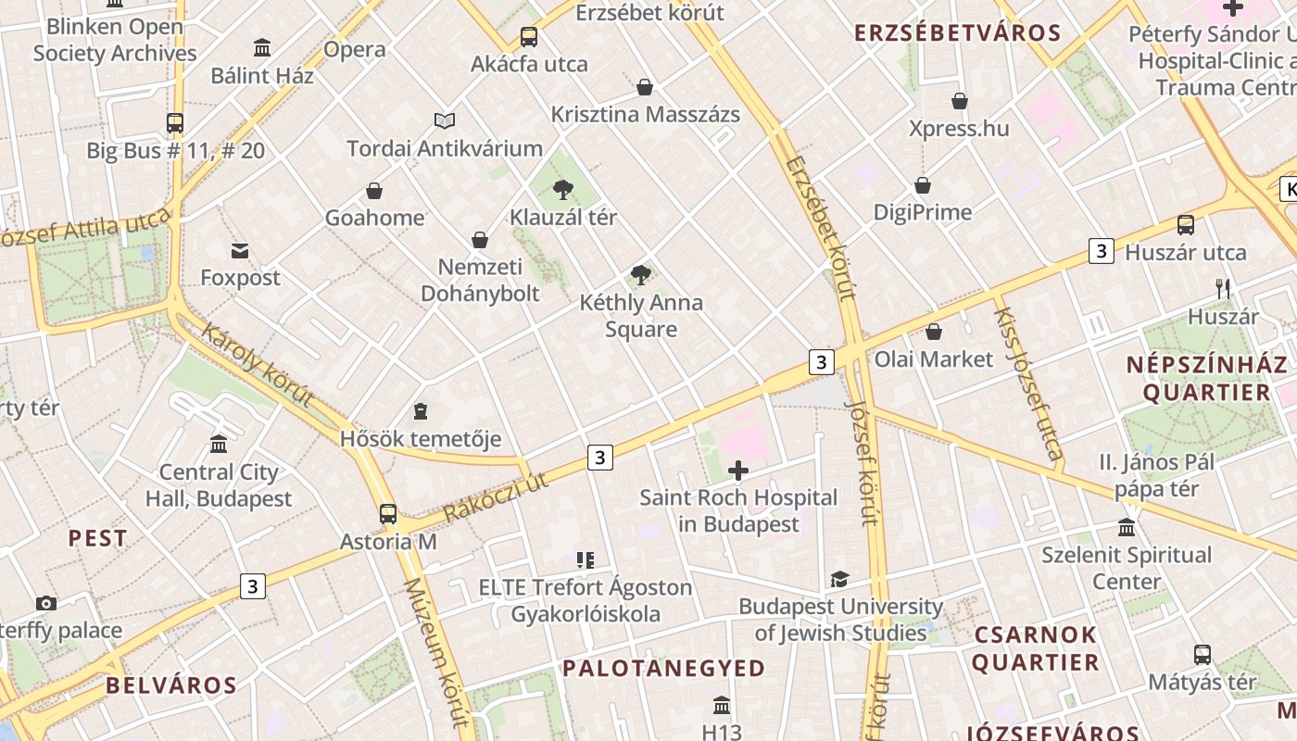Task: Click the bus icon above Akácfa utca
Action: pyautogui.click(x=528, y=37)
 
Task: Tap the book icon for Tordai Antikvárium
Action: pyautogui.click(x=445, y=120)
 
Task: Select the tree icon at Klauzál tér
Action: pyautogui.click(x=562, y=190)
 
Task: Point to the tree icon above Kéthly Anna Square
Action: pyautogui.click(x=640, y=274)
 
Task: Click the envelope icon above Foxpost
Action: pyautogui.click(x=240, y=250)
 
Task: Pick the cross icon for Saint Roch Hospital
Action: pyautogui.click(x=738, y=471)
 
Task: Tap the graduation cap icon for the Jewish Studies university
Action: pyautogui.click(x=839, y=579)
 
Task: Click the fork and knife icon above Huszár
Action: pyautogui.click(x=1223, y=288)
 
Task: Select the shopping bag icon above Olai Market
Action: pyautogui.click(x=934, y=332)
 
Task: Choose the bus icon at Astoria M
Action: pyautogui.click(x=387, y=513)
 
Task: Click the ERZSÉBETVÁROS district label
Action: pyautogui.click(x=957, y=33)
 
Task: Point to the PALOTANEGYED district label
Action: pyautogui.click(x=663, y=668)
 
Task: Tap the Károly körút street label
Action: pyautogui.click(x=257, y=365)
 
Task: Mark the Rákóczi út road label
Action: pyautogui.click(x=496, y=497)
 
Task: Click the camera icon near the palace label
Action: pyautogui.click(x=45, y=603)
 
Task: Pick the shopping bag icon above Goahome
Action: pyautogui.click(x=374, y=191)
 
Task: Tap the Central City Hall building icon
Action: pyautogui.click(x=219, y=445)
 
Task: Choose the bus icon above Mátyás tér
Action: pyautogui.click(x=1202, y=654)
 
